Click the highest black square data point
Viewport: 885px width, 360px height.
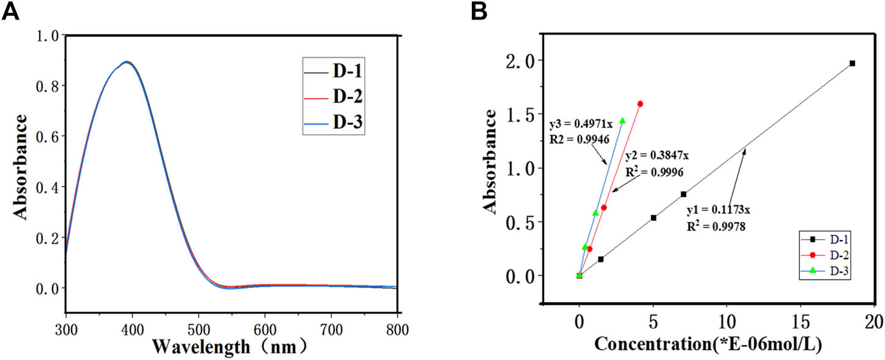(x=852, y=63)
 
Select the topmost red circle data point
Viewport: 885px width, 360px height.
(x=641, y=104)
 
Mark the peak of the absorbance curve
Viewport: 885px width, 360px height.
(x=126, y=62)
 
